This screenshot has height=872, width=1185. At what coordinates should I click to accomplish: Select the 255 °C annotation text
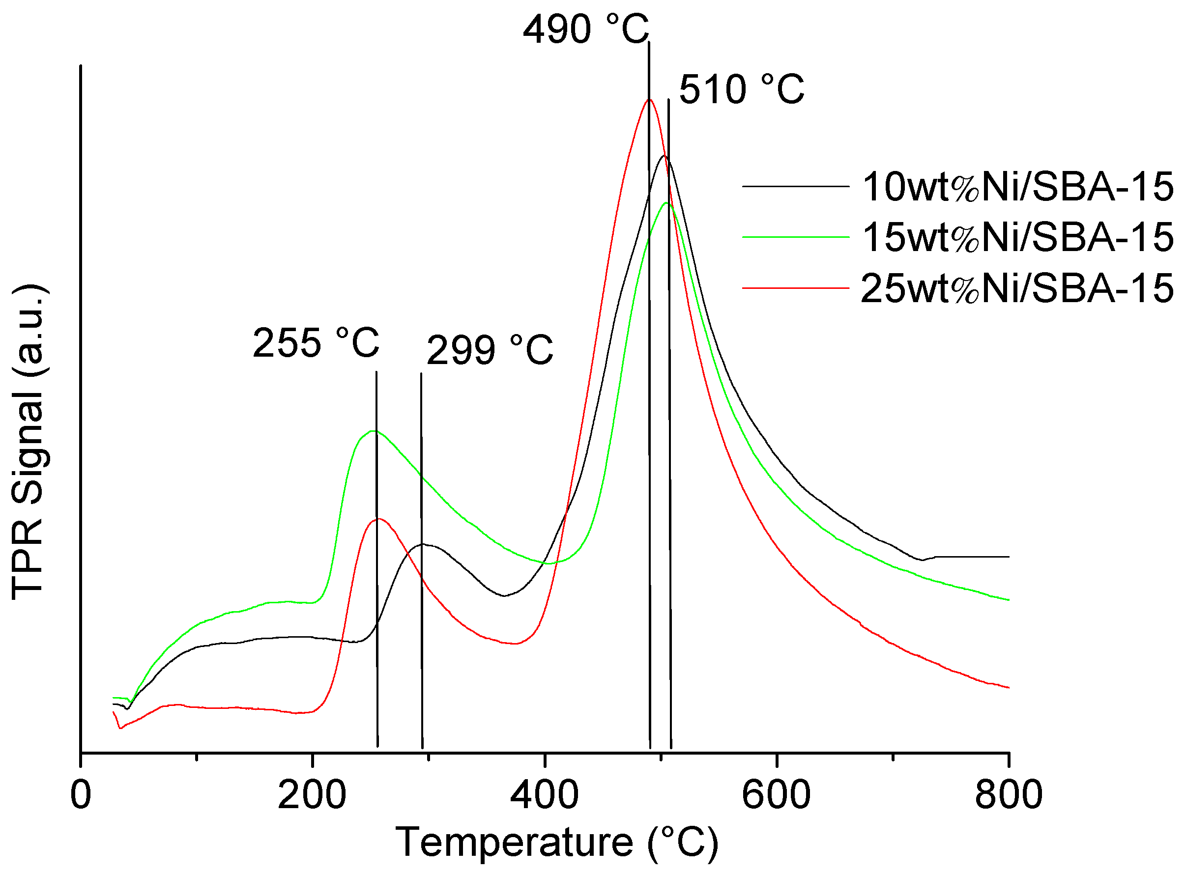click(x=316, y=343)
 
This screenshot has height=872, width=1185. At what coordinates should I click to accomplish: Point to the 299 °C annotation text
click(x=490, y=350)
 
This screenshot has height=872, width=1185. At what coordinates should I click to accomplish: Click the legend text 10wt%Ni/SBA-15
click(x=1017, y=187)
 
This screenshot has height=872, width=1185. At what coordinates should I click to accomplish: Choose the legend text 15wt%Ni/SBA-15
click(x=1017, y=238)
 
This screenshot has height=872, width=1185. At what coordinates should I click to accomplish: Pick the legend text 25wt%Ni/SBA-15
click(x=1017, y=288)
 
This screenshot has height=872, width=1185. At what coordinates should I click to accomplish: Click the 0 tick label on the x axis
click(x=81, y=795)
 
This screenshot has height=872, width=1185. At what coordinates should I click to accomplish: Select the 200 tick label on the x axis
click(x=312, y=795)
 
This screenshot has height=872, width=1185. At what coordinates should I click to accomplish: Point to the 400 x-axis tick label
click(x=544, y=795)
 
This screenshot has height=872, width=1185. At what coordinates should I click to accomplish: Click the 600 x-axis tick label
click(x=776, y=795)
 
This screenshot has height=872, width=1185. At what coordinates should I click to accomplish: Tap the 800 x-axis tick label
click(x=1008, y=795)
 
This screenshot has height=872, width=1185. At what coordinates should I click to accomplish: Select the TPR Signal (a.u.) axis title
click(x=29, y=442)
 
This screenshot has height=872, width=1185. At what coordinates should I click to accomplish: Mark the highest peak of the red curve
click(x=648, y=100)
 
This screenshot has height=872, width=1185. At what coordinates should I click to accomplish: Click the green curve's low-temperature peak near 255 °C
click(x=374, y=431)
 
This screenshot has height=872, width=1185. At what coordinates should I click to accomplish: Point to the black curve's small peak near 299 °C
click(x=423, y=544)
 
